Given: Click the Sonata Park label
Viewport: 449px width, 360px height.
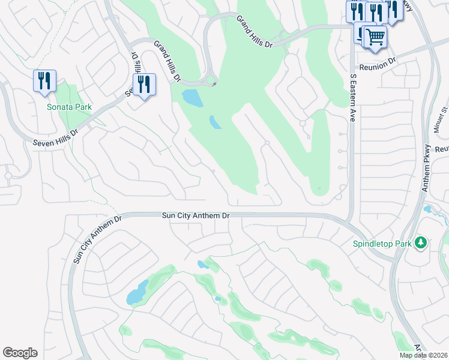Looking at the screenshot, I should point(70,107).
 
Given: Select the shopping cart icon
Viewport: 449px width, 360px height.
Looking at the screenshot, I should point(376,37).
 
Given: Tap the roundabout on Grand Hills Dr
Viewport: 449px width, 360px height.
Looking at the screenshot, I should point(211,79).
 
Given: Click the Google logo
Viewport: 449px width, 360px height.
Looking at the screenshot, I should point(20,353).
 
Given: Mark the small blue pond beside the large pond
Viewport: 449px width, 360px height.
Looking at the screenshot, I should point(214,122).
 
